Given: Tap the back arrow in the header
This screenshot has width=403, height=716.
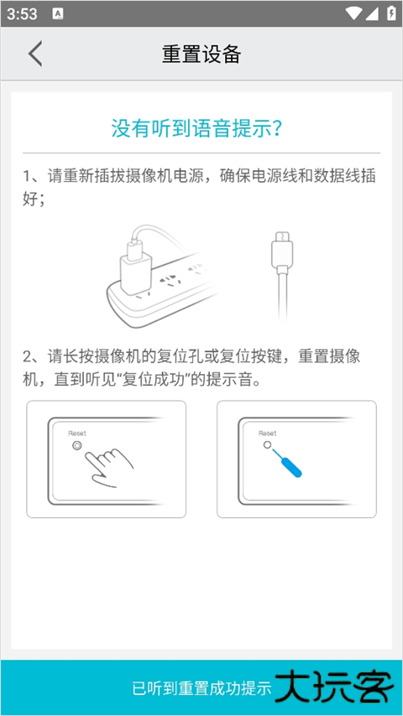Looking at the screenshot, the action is click(34, 54).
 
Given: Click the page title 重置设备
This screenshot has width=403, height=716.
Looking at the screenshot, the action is click(201, 54).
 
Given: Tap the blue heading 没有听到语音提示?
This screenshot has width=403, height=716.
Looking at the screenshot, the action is click(196, 129).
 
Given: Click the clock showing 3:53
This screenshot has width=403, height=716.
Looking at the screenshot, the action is click(22, 13).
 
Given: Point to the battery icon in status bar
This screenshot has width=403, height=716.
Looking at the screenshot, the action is click(391, 13).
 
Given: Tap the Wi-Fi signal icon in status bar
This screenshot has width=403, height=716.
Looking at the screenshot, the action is click(354, 13).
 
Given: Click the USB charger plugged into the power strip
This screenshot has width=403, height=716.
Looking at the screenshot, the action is click(135, 262).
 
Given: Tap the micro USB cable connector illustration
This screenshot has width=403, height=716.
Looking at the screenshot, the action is click(282, 252).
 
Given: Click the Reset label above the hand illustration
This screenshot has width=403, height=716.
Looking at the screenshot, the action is click(77, 433).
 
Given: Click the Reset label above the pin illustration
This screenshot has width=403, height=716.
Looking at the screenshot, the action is click(267, 433).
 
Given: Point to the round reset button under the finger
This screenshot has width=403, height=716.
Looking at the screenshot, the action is click(77, 446).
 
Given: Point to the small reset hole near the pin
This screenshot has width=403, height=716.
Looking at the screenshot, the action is click(267, 444).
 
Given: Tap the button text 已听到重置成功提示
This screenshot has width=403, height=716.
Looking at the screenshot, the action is click(201, 688).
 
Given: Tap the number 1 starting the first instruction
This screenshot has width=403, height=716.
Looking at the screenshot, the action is click(27, 176).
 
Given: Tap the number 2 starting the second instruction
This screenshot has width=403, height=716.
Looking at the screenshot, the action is click(27, 356).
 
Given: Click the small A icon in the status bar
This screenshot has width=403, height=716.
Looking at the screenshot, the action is click(58, 13).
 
